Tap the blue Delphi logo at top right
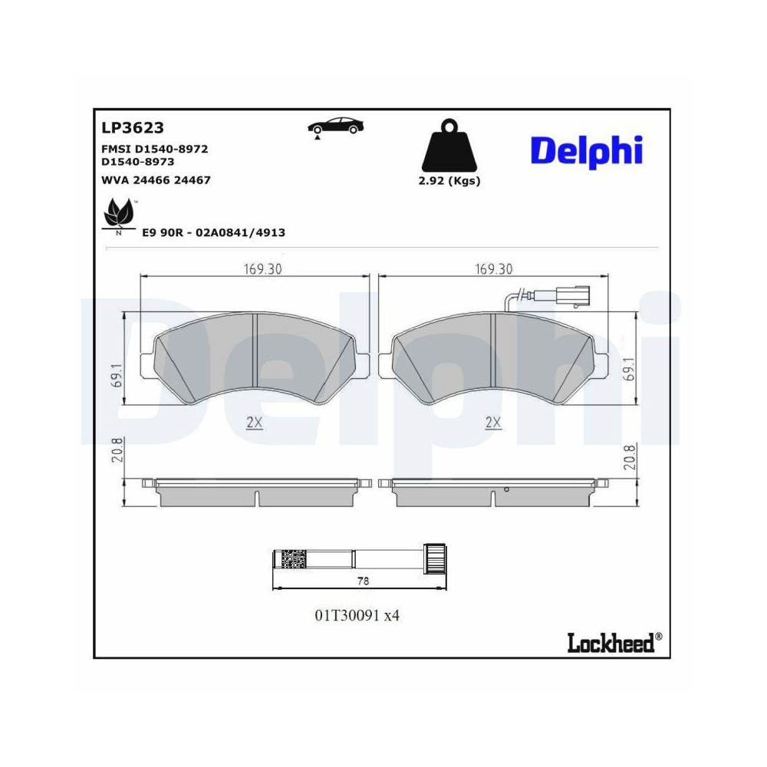pos(586,151)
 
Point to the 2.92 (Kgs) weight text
pos(450,181)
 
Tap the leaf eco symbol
pos(118,215)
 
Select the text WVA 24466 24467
pos(156,179)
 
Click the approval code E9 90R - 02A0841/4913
pos(213,232)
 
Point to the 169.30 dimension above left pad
pos(252,269)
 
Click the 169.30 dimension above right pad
pos(493,269)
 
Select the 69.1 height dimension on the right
pos(629,368)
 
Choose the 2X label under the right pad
pos(493,422)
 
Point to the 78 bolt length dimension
pos(362,581)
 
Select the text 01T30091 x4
pos(357,615)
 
